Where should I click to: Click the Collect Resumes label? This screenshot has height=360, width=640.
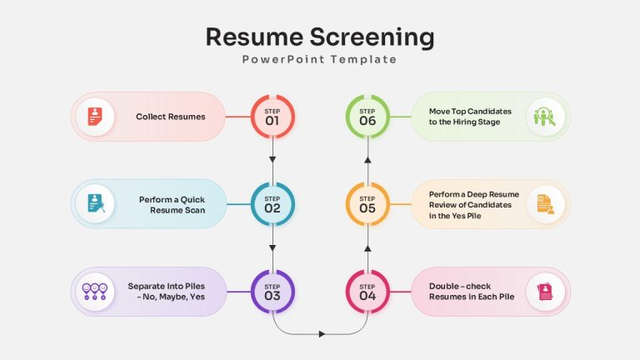171,117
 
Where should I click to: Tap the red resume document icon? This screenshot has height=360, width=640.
95,117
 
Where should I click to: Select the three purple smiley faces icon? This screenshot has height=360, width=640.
95,292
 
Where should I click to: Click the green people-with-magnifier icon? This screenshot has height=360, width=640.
545,117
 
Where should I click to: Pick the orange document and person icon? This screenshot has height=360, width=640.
546,204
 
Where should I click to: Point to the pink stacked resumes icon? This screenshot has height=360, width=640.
545,292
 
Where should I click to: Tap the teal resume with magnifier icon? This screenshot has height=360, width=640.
96,203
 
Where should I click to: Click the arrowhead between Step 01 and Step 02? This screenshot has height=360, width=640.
272,160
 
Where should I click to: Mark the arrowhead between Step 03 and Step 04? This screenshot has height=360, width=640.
322,334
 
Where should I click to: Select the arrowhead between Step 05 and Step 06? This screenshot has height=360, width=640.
367,160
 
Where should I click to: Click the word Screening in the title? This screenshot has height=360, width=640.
372,37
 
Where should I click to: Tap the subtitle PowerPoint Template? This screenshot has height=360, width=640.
319,60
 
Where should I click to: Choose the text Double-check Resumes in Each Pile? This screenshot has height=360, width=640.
472,292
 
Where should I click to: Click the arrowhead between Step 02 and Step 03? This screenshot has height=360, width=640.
272,247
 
